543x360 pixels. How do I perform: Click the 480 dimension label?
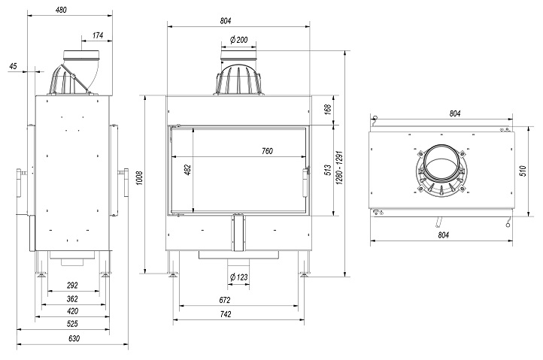tap(61, 10)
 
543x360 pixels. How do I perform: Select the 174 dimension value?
tap(98, 35)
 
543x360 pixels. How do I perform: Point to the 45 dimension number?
tap(13, 66)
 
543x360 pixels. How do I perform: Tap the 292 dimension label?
tap(72, 286)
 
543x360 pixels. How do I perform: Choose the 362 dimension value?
tap(72, 298)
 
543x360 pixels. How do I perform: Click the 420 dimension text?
tap(72, 311)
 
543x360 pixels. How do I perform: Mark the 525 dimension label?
tap(72, 324)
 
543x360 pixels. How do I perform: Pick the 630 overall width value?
tap(74, 338)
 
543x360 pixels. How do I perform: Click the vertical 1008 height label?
tap(140, 177)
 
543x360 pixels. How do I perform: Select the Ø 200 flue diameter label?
tap(239, 40)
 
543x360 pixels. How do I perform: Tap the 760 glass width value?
tap(267, 151)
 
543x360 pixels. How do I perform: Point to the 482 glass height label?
tap(188, 170)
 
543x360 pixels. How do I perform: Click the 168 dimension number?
tap(328, 109)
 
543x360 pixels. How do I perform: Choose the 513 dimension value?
tap(328, 170)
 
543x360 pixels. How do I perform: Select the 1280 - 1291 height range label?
tap(339, 168)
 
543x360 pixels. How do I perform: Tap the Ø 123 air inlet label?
tap(239, 277)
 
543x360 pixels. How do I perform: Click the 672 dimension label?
tap(225, 300)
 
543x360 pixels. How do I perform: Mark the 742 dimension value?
tap(226, 314)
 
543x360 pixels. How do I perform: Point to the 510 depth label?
tap(523, 171)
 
